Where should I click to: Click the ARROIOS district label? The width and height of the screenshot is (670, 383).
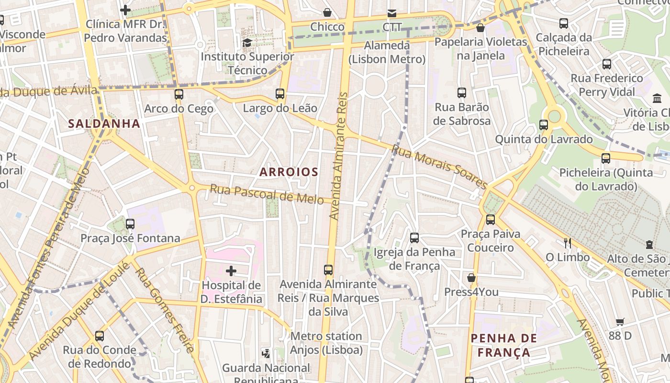pyautogui.click(x=289, y=172)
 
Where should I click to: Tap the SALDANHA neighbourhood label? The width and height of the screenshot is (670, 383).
pyautogui.click(x=104, y=124)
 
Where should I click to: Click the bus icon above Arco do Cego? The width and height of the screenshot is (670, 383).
pyautogui.click(x=179, y=94)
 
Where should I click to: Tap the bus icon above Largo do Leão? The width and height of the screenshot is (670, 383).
pyautogui.click(x=280, y=94)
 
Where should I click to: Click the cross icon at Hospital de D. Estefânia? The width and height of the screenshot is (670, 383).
pyautogui.click(x=231, y=271)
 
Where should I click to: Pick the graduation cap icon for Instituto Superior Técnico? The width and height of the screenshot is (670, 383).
pyautogui.click(x=247, y=43)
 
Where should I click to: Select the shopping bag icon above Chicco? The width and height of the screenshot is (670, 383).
pyautogui.click(x=327, y=12)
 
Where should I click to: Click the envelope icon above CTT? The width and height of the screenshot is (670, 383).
pyautogui.click(x=392, y=13)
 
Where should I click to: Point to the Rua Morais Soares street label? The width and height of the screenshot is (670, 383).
pyautogui.click(x=439, y=167)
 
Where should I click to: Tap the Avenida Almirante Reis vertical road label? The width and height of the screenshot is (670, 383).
pyautogui.click(x=338, y=156)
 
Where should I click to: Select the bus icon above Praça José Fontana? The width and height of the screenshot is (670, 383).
pyautogui.click(x=130, y=224)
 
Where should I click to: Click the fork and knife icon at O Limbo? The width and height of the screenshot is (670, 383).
pyautogui.click(x=568, y=243)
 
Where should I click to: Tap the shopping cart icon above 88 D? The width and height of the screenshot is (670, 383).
pyautogui.click(x=620, y=322)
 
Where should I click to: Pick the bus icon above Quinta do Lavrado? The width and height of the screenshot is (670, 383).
pyautogui.click(x=544, y=125)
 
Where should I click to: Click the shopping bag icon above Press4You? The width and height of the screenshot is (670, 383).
pyautogui.click(x=471, y=278)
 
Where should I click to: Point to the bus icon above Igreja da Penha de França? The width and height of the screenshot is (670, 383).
pyautogui.click(x=414, y=237)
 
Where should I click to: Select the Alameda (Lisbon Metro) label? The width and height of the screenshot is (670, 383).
pyautogui.click(x=387, y=52)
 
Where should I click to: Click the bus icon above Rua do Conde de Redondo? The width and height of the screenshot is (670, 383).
pyautogui.click(x=100, y=336)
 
